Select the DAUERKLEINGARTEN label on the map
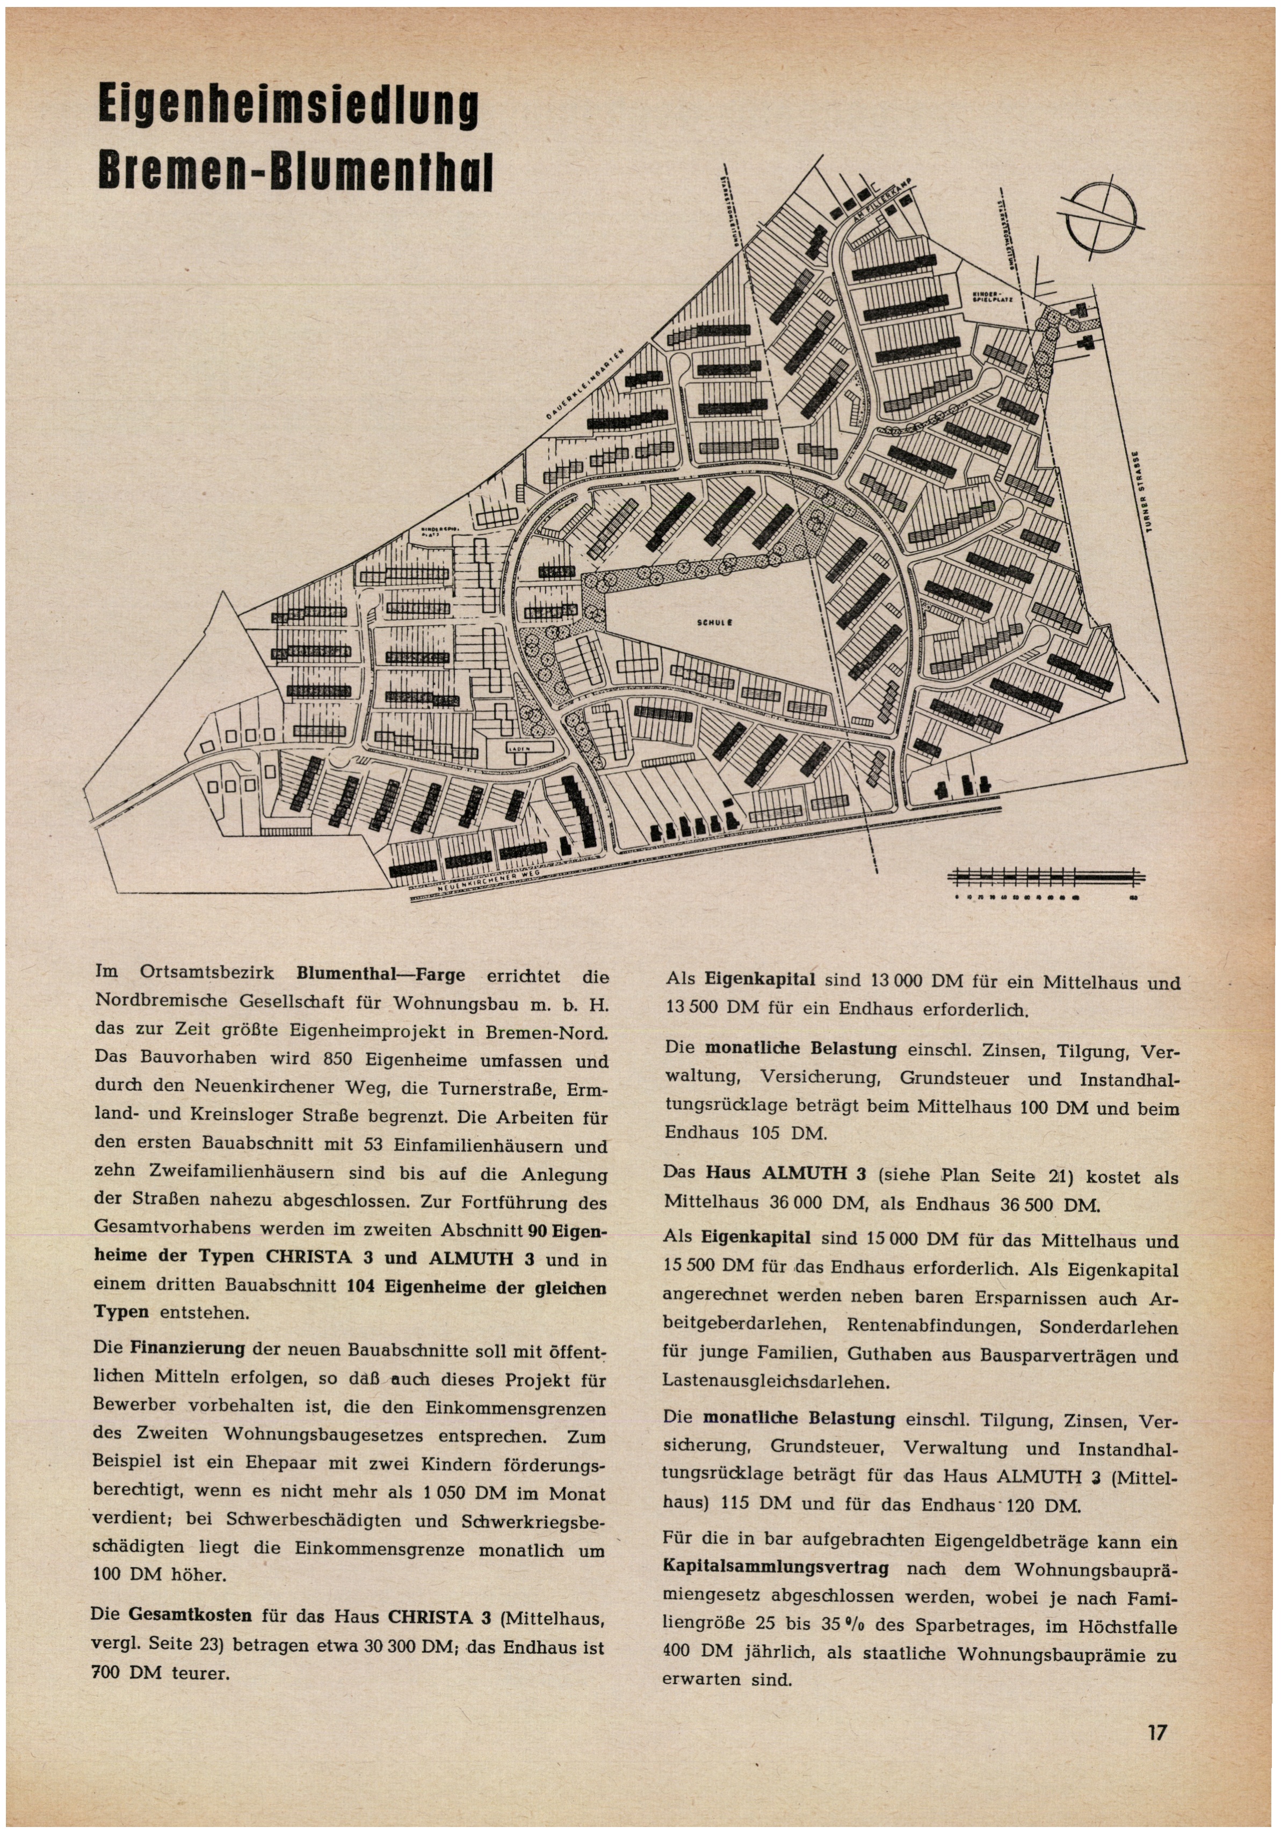pyautogui.click(x=588, y=384)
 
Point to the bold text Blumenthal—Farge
pyautogui.click(x=380, y=975)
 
